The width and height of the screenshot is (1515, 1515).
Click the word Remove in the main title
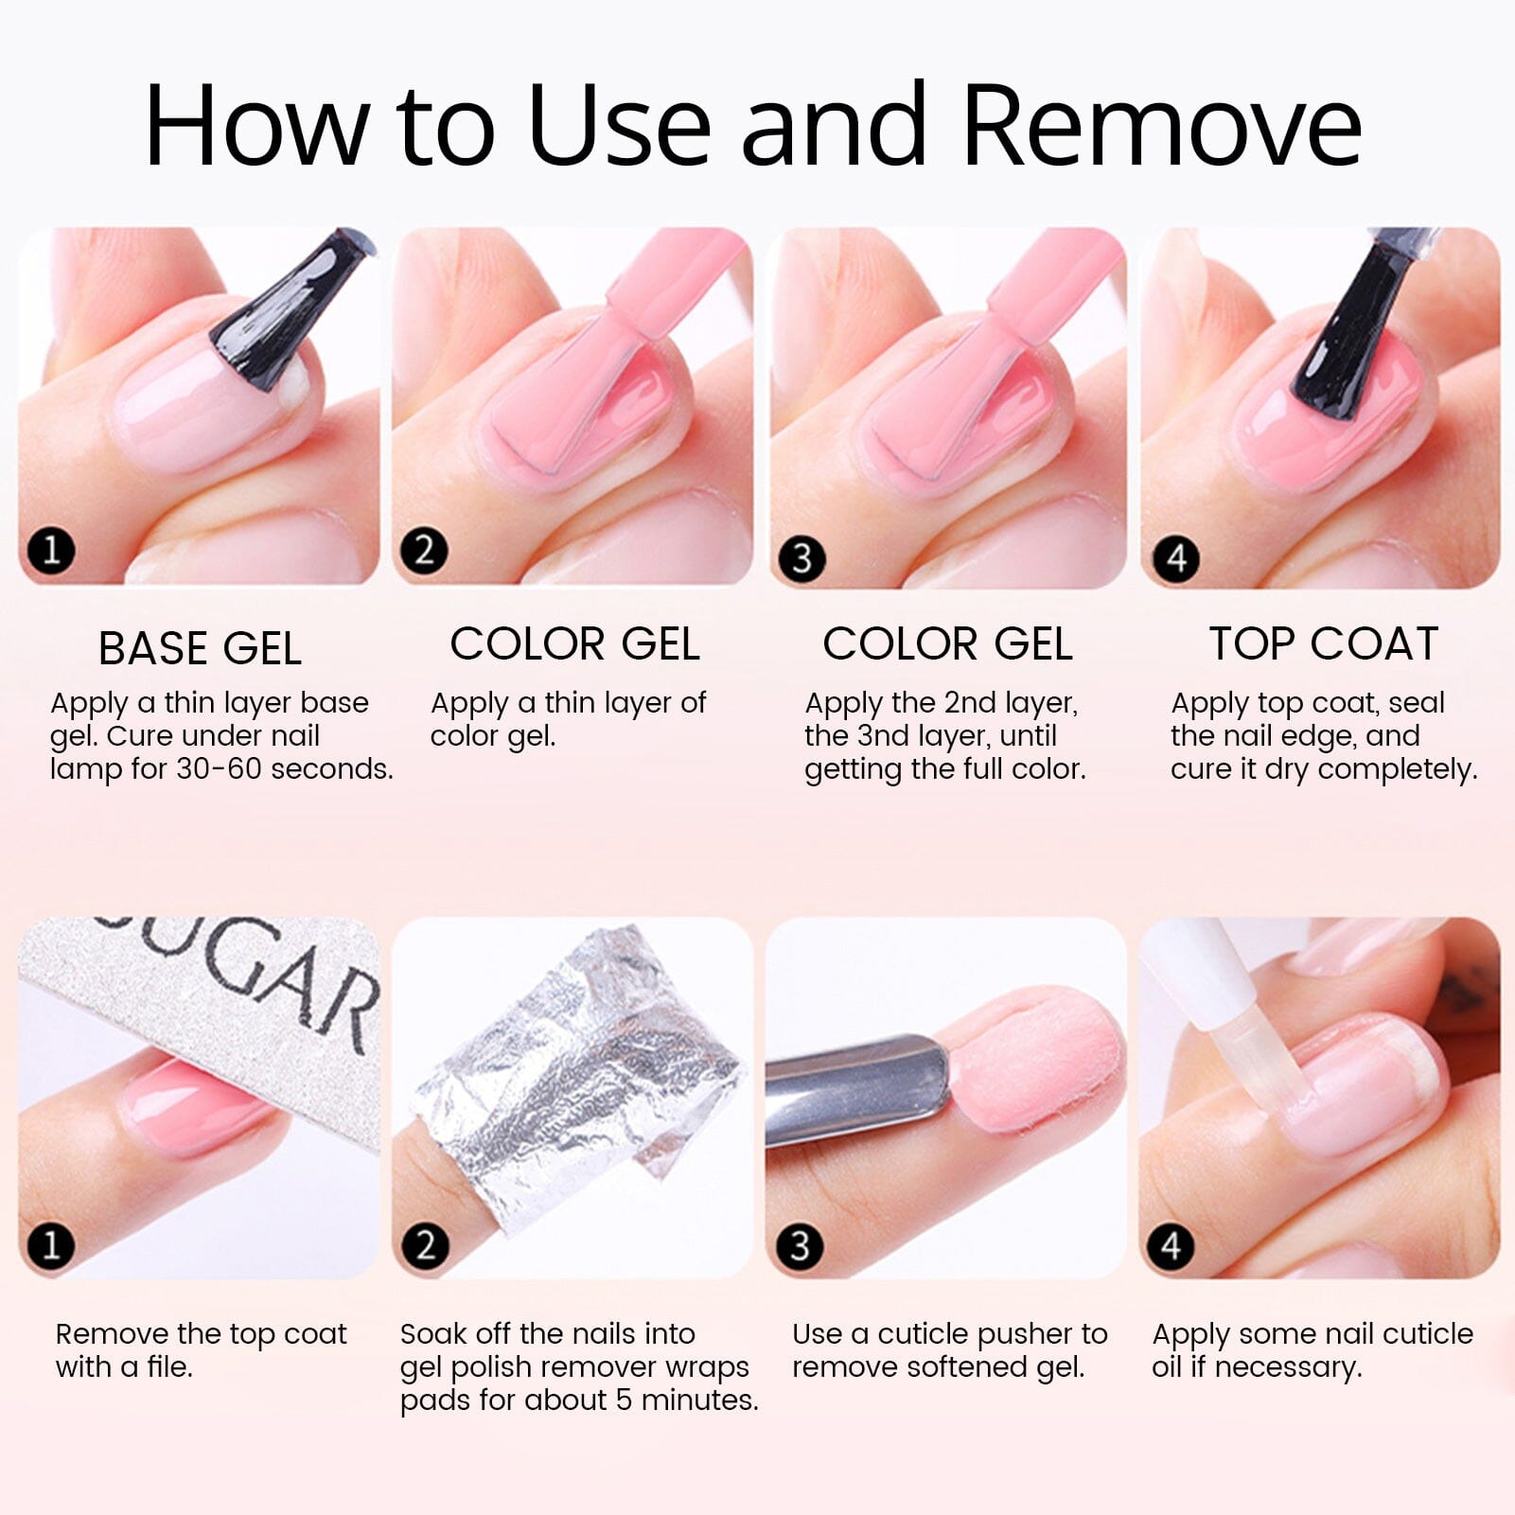point(1163,125)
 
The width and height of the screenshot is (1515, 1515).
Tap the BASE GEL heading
point(200,649)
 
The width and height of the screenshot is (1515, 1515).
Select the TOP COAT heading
point(1324,644)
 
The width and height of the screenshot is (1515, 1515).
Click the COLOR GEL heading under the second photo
point(574,644)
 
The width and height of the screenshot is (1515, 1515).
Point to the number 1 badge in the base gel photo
point(51,550)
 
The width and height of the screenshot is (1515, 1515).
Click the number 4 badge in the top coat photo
point(1176,558)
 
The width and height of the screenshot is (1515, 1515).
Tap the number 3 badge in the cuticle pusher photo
point(801,1246)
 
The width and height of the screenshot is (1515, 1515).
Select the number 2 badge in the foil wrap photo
point(425,1245)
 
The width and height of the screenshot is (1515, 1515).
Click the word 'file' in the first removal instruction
point(169,1366)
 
